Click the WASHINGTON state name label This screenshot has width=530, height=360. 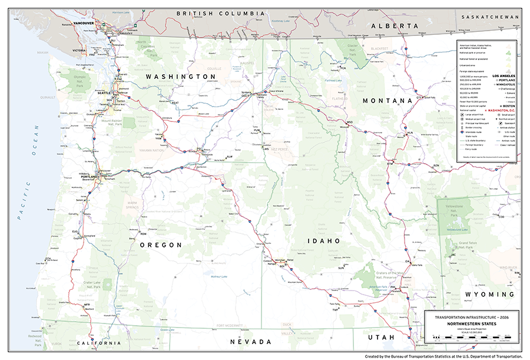click(x=181, y=77)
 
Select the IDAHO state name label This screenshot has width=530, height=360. click(x=323, y=241)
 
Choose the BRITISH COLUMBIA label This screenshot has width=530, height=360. click(x=221, y=13)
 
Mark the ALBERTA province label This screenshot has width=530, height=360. click(x=394, y=26)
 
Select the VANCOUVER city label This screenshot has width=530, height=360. click(x=83, y=23)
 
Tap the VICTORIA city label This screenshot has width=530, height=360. click(x=79, y=51)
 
